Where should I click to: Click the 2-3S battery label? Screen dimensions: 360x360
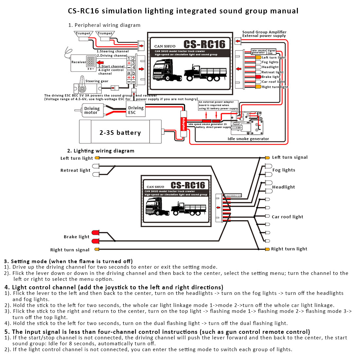120,133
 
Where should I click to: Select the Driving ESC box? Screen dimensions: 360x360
136,110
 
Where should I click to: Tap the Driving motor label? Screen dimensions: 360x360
92,110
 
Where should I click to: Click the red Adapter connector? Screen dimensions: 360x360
183,124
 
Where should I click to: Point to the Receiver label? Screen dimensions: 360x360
79,62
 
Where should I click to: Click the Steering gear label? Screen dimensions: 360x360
97,81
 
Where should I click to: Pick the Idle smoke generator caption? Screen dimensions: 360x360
248,139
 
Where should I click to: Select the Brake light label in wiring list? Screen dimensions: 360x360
271,77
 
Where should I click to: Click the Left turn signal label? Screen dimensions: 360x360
290,157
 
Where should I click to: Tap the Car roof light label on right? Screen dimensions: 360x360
287,217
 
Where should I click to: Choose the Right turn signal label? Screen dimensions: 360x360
70,250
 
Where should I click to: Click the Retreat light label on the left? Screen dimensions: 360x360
75,170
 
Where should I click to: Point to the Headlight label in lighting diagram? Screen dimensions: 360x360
283,187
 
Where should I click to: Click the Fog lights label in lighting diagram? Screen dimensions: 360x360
284,170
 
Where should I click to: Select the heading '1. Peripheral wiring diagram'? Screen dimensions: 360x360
104,25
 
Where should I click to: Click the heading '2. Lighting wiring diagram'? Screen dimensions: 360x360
100,151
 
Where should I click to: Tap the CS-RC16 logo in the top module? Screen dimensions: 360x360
204,44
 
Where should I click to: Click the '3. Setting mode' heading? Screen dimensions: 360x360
68,261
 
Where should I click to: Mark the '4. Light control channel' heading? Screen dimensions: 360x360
114,287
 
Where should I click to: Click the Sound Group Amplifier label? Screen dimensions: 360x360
264,32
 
